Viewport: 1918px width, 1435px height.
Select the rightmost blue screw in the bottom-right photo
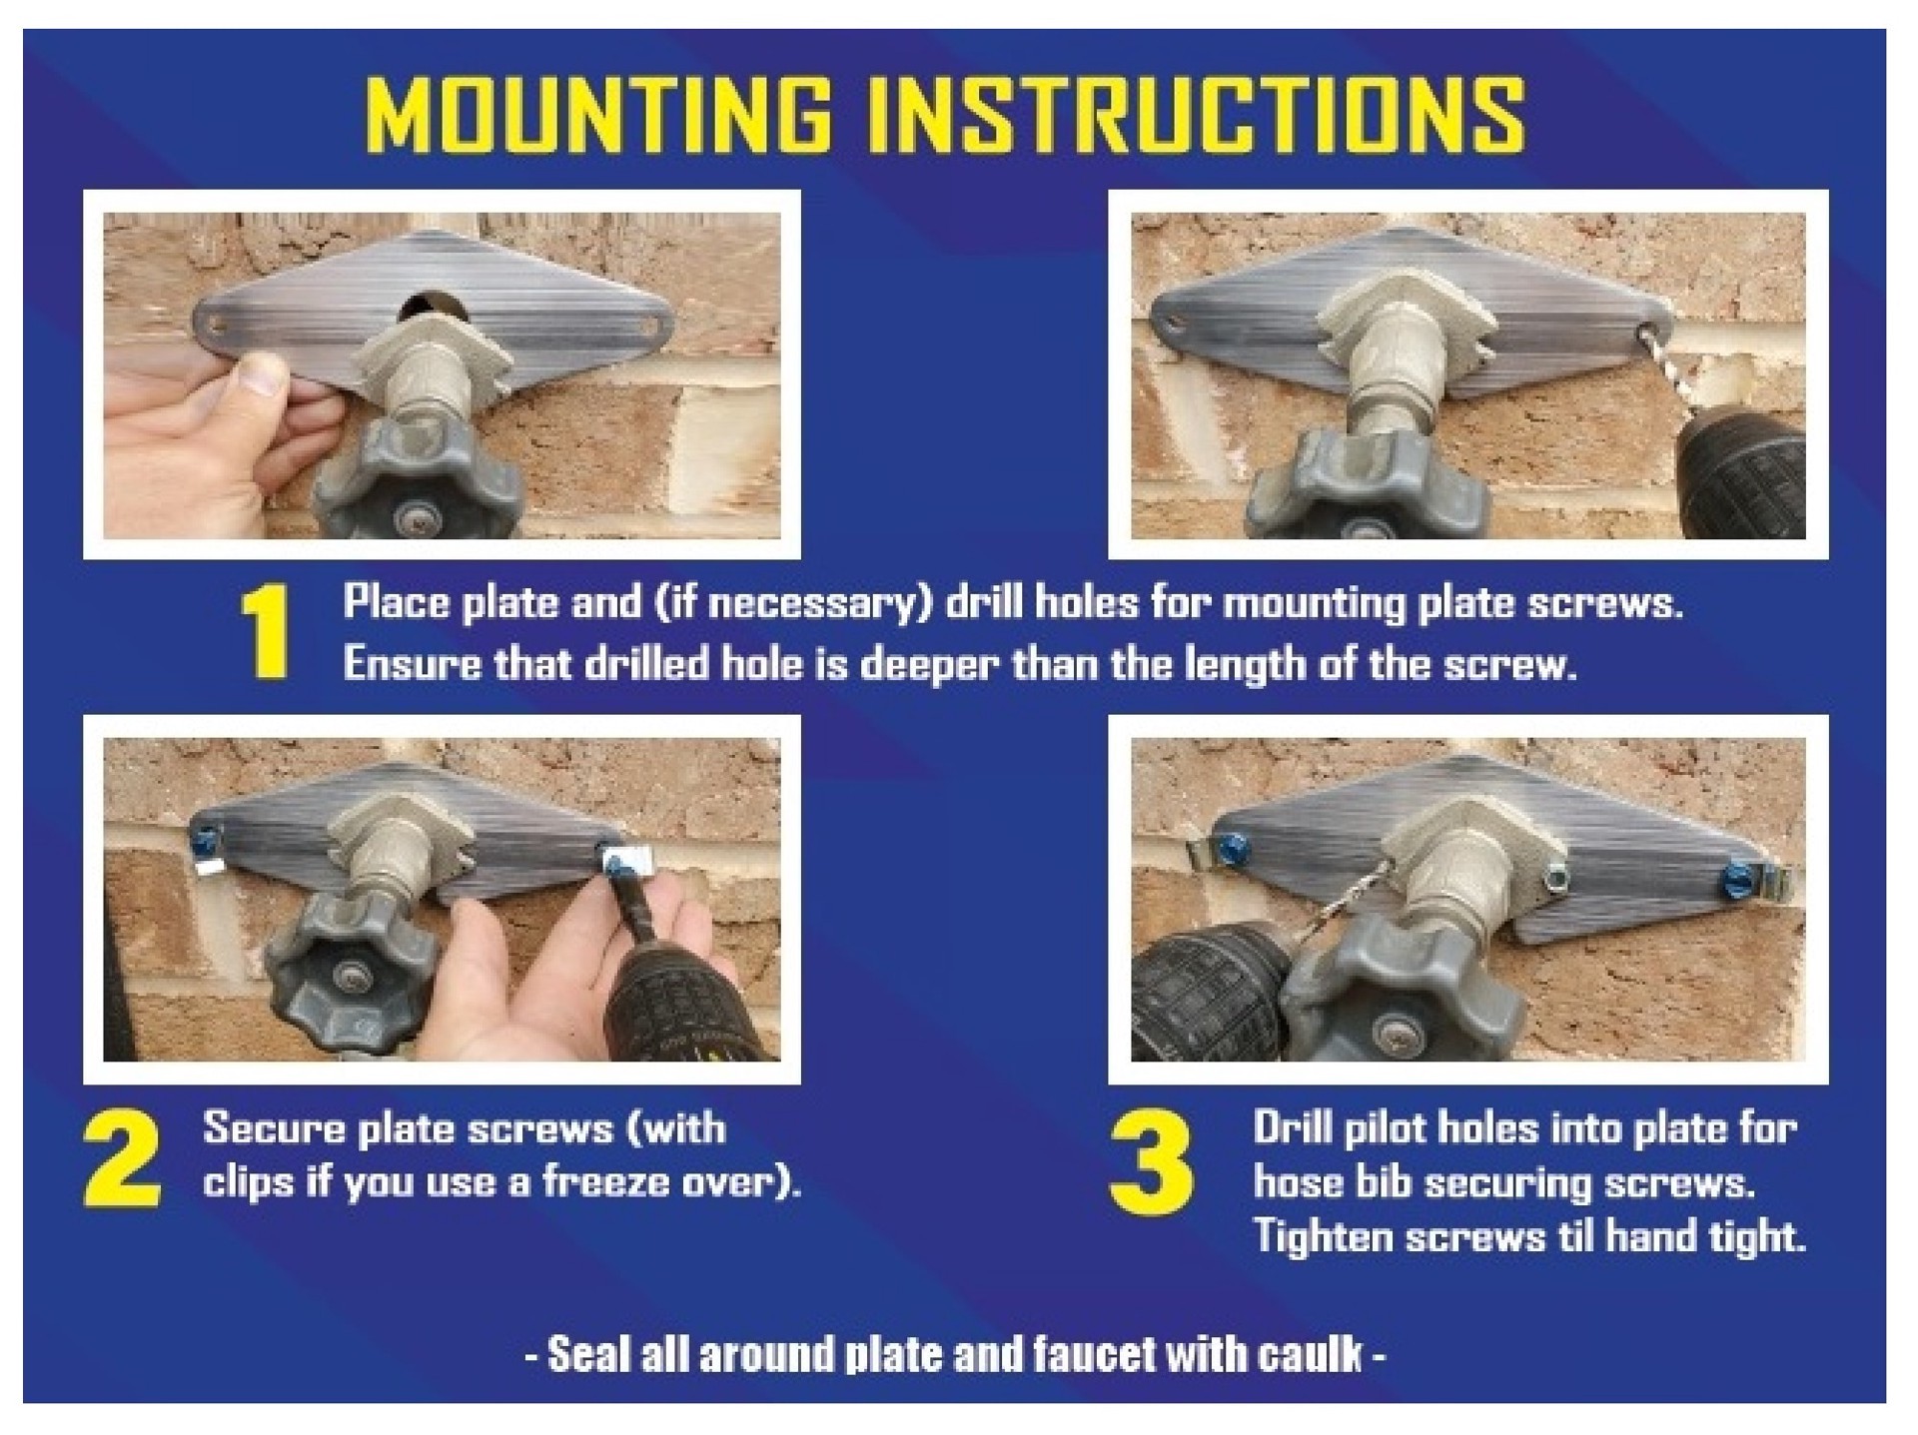point(1738,880)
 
